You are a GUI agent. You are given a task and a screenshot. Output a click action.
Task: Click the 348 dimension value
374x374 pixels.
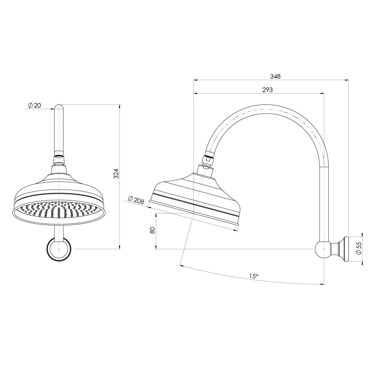[276, 76]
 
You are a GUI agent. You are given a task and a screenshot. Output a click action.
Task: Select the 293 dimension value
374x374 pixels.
[267, 90]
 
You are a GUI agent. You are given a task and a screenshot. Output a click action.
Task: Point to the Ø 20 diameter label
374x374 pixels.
[34, 106]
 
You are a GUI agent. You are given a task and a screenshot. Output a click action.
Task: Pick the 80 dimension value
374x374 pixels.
[152, 230]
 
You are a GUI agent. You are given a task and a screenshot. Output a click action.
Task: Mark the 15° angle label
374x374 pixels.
[254, 276]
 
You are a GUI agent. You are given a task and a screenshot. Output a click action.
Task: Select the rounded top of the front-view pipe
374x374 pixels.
[59, 108]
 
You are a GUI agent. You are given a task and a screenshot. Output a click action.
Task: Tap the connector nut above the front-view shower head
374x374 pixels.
[59, 161]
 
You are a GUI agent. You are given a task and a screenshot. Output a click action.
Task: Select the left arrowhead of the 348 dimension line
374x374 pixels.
[195, 80]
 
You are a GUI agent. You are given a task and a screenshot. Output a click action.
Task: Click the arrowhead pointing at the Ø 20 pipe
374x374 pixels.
[53, 109]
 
